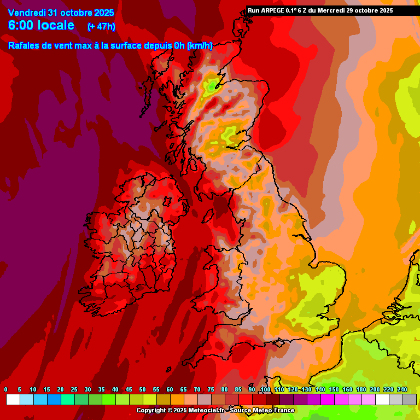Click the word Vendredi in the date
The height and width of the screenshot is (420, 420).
pos(27,13)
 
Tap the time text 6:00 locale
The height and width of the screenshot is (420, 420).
pos(42,25)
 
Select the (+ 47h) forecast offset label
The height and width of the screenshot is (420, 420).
pos(101,26)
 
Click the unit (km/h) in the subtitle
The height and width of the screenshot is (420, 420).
pos(200,46)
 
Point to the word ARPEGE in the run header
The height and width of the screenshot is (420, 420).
pos(273,10)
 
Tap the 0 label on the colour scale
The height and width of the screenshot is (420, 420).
pos(5,389)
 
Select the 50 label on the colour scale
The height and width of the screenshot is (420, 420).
pos(143,389)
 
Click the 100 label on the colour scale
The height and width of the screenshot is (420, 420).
pos(266,389)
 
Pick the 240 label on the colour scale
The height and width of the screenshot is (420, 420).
pos(402,389)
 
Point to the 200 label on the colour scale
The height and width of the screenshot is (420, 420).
pos(375,389)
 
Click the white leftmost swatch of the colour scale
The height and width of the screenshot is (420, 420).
pos(13,400)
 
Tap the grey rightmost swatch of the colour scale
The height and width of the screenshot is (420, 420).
pos(410,400)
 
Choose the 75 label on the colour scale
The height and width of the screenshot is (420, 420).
pos(211,389)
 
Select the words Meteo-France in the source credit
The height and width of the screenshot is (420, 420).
pos(277,410)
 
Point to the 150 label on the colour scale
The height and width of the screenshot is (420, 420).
pos(334,389)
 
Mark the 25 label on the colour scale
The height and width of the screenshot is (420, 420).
pos(74,389)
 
